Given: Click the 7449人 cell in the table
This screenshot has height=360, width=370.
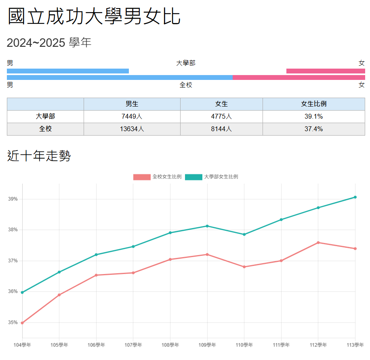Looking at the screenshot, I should pos(132,117).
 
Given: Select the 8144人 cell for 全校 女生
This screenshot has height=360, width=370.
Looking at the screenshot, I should pos(221,129).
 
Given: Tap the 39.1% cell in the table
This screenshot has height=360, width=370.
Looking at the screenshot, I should pos(313,117).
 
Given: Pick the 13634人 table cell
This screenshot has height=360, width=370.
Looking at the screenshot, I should pos(132,129).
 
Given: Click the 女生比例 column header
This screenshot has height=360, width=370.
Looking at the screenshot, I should pos(313,104).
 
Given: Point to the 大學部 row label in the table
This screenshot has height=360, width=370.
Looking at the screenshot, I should pos(45,117).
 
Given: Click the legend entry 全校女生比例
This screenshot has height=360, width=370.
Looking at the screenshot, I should pos(158,177).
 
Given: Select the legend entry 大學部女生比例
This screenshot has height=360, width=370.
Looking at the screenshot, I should pos(212,177).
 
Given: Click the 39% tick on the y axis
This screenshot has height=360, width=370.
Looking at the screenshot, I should pos(13,199).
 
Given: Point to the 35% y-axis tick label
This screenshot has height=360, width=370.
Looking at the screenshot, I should pos(13,322).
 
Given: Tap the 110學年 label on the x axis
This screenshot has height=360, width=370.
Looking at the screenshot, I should pos(244,345).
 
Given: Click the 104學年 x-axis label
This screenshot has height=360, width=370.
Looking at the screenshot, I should pos(22,345).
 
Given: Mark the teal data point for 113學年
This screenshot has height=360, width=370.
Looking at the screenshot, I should pos(355,197).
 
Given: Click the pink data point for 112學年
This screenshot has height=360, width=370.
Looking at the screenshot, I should pos(318,243).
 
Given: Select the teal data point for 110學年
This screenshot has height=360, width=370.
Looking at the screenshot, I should pos(244,234).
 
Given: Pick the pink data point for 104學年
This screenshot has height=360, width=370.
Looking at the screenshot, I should pos(22,323).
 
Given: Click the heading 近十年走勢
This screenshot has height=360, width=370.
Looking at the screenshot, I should pos(39,156).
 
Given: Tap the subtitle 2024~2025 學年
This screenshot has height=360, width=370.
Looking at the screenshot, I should pos(49,42).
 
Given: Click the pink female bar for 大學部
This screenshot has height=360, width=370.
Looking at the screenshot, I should pos(326,71).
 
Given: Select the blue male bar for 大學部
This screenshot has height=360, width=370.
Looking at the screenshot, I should pos(68,71).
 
